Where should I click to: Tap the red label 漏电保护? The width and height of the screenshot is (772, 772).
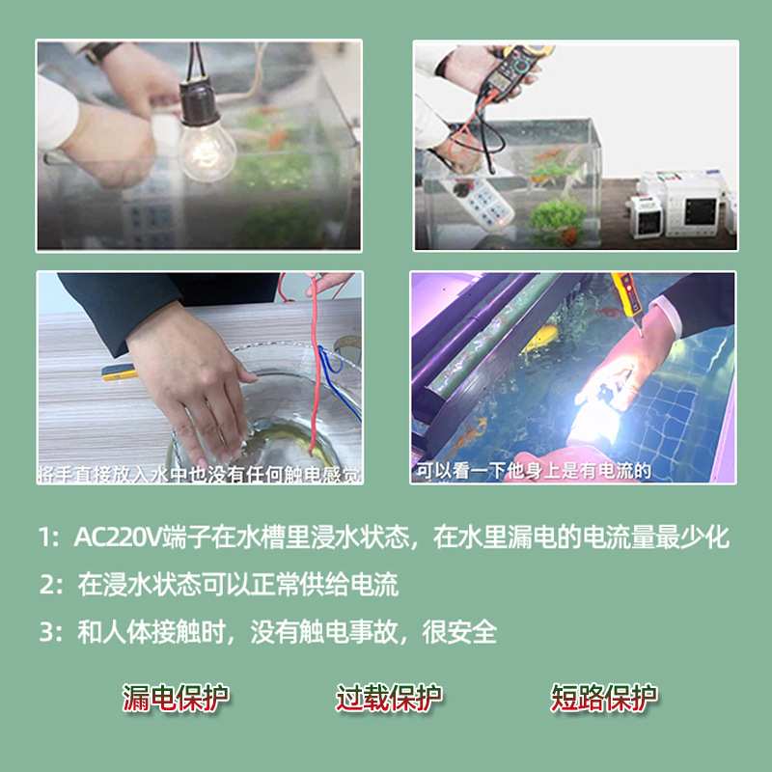click(x=176, y=698)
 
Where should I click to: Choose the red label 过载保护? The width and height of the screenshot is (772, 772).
click(x=389, y=698)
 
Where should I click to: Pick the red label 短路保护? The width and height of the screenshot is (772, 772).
click(x=603, y=698)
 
